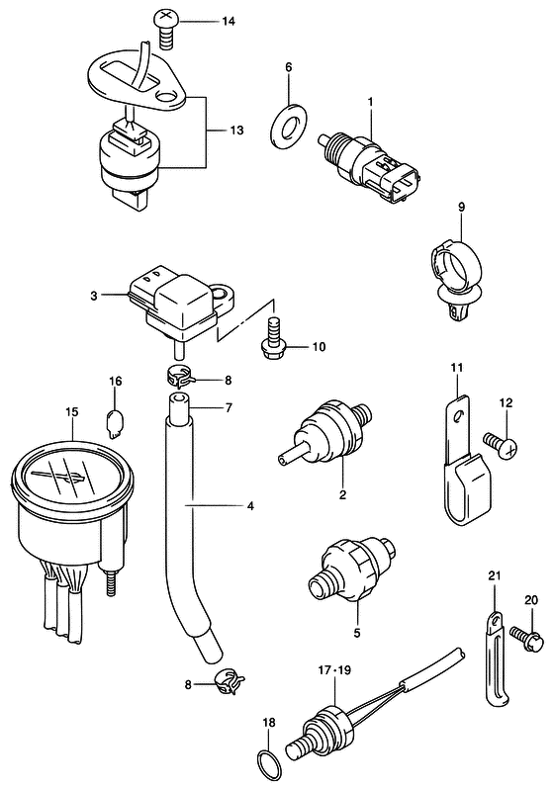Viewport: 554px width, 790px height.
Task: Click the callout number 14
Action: (230, 21)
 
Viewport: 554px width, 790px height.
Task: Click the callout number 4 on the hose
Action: (250, 506)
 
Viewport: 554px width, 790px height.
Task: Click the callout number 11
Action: (457, 370)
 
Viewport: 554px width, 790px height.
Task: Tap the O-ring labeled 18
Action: (267, 765)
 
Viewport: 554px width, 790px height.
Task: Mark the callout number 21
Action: (495, 576)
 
